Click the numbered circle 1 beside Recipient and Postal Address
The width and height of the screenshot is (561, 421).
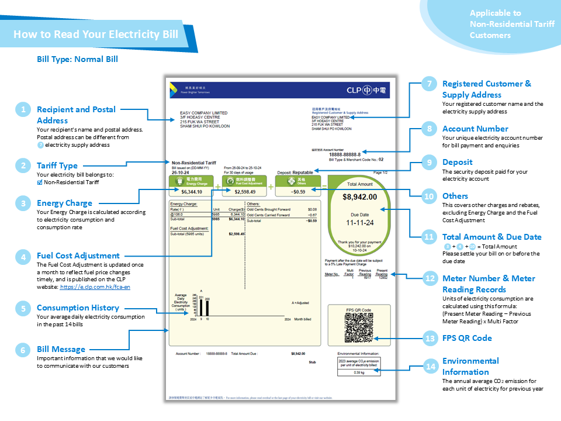pos(23,109)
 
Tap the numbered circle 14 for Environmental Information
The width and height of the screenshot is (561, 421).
pos(431,367)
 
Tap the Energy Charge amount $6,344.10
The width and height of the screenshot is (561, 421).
pos(192,191)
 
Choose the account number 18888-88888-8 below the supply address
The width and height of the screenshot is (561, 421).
pos(344,154)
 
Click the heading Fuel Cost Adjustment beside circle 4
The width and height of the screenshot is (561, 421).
pos(78,256)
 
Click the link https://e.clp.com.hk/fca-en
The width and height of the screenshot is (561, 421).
pos(103,288)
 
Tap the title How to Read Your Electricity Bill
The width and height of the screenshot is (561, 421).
pos(96,34)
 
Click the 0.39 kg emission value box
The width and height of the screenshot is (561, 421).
pos(359,372)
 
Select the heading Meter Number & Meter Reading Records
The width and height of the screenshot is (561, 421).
pos(489,284)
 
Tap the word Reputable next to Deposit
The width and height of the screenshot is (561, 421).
pos(303,172)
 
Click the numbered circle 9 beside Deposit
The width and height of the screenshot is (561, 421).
pos(431,162)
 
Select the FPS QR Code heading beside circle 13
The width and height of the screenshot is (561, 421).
pos(467,338)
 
